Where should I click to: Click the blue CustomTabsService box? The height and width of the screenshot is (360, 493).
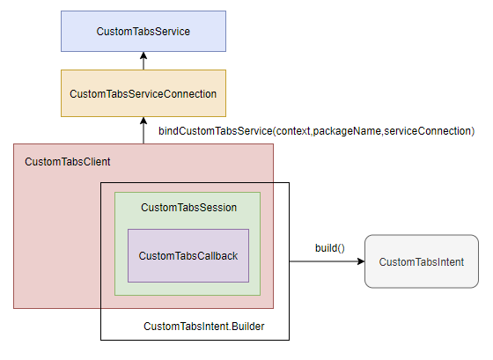coord(143,31)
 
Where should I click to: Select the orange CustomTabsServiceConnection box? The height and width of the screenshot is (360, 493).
coord(143,93)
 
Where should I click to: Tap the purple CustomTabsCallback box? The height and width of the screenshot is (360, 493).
coord(188,255)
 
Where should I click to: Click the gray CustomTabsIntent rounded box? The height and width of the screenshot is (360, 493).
coord(422,261)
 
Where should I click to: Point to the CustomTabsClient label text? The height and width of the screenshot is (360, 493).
coord(68,162)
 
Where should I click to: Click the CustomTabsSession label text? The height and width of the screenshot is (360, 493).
coord(188,208)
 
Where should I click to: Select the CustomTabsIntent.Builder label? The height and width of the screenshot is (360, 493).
coord(204,327)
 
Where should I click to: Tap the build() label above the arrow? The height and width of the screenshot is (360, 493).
coord(330,248)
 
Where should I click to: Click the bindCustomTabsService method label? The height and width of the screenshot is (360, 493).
coord(317,131)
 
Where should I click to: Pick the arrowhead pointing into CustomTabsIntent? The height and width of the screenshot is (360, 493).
coord(361,261)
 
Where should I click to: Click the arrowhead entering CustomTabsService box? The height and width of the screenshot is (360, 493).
coord(143,55)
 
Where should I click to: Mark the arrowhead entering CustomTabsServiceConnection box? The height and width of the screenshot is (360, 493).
coord(143,121)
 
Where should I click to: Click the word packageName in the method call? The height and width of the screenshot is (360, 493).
coord(347,131)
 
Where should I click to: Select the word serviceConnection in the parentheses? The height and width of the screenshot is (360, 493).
coord(428,131)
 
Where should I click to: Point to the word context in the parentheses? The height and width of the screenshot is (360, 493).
coord(292,131)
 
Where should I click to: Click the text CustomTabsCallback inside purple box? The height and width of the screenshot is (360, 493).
coord(188,256)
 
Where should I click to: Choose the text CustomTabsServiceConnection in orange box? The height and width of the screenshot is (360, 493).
coord(143,93)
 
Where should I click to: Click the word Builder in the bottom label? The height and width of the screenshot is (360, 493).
coord(248,327)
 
